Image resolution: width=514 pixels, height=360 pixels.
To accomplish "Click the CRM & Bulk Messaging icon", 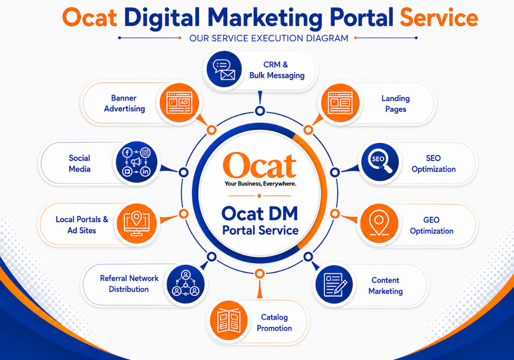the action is tap(224, 70).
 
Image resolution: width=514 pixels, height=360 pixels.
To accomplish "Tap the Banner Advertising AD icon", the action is tap(179, 103).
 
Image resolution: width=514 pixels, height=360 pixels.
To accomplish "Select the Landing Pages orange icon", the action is tap(340, 103).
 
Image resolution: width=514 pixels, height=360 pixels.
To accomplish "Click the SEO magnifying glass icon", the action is tap(380, 162).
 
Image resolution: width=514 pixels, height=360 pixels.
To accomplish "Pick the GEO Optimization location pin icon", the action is tap(379, 223).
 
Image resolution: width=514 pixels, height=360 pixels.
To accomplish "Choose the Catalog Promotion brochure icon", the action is tap(229, 320).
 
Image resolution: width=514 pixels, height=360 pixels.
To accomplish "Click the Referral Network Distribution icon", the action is tap(186, 284).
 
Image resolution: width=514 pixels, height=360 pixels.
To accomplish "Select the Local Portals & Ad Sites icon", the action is tap(136, 223).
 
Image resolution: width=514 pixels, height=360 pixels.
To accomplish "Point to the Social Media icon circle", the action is tap(137, 162).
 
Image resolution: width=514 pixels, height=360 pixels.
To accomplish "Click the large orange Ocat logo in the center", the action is tap(260, 166).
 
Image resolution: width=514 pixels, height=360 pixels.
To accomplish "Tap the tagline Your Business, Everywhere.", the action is tap(260, 184).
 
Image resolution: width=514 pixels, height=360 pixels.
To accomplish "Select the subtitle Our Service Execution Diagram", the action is tap(269, 38).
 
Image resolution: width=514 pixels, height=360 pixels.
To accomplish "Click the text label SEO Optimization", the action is tap(433, 164).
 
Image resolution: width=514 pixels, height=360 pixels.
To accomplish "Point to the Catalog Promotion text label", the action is tap(274, 323).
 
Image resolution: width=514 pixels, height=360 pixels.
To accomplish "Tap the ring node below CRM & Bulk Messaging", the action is tap(260, 111).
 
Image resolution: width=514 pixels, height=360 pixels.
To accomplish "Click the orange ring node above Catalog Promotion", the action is tap(260, 274).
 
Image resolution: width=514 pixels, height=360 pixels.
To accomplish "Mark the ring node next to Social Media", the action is tap(184, 172).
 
